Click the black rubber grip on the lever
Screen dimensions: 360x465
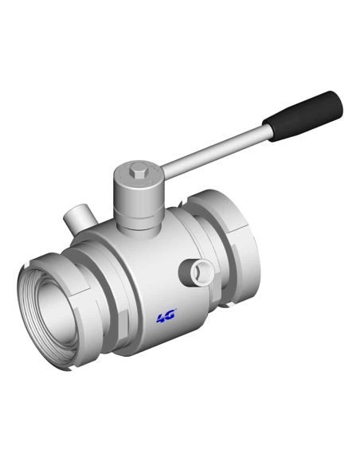(x=303, y=116)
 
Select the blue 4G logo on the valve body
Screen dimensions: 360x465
(x=166, y=316)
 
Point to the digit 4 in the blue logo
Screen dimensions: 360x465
(x=161, y=318)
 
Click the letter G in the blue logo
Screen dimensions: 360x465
(x=170, y=315)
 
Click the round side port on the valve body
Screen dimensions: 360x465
(x=196, y=272)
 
